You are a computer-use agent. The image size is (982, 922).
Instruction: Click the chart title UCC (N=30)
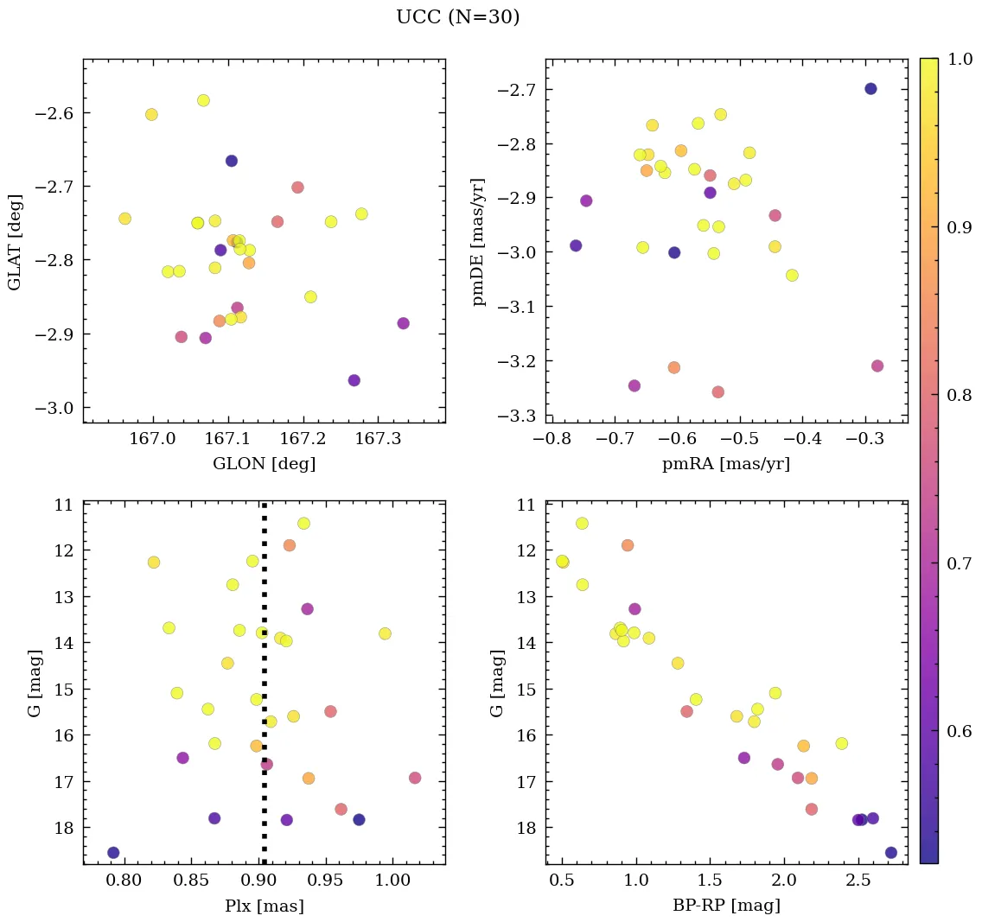(457, 17)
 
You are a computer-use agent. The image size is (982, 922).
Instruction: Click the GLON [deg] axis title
(264, 464)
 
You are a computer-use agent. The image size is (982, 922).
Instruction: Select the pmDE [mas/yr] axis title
(479, 242)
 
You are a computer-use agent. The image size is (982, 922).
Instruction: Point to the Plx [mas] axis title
(264, 906)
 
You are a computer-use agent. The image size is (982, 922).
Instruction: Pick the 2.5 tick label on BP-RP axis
(858, 882)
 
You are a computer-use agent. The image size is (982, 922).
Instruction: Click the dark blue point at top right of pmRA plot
(870, 89)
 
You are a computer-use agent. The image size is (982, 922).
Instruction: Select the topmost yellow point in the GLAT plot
(203, 100)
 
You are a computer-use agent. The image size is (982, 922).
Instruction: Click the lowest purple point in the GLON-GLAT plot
(354, 380)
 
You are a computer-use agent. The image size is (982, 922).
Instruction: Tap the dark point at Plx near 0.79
(113, 853)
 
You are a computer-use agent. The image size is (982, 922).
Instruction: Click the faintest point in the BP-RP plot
(891, 853)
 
